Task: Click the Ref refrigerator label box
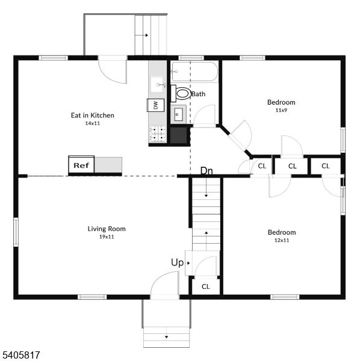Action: [x=81, y=164]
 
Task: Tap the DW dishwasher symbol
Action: [x=155, y=105]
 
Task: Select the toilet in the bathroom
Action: [x=182, y=94]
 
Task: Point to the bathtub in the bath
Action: [x=193, y=72]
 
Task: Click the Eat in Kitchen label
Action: [x=93, y=116]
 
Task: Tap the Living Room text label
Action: [x=107, y=229]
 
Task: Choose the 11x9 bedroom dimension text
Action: [x=281, y=111]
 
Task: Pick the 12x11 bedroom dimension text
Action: [x=282, y=241]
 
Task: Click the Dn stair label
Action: [x=206, y=171]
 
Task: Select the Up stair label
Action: [x=177, y=262]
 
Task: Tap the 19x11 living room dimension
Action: [x=106, y=237]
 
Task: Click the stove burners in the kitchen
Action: [x=158, y=134]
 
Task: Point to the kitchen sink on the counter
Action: [x=158, y=84]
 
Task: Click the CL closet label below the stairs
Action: [x=205, y=286]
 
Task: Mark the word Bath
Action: [x=199, y=94]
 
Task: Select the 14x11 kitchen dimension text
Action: [x=92, y=124]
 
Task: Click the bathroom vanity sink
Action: [x=178, y=113]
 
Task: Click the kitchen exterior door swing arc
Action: [x=113, y=70]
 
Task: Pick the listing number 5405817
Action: [x=20, y=356]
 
